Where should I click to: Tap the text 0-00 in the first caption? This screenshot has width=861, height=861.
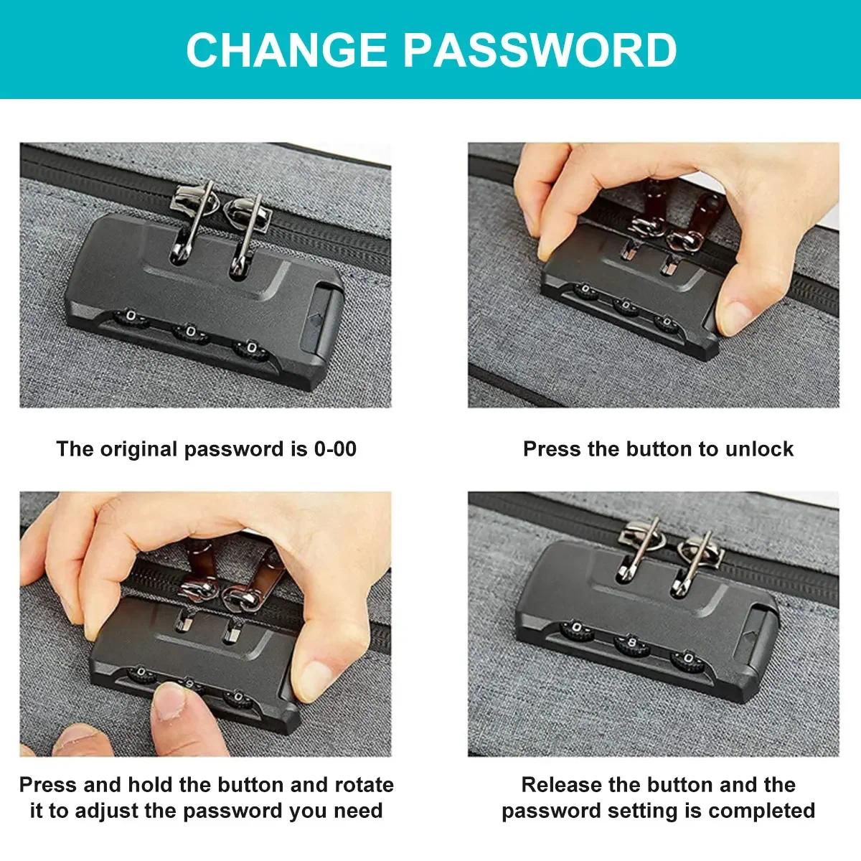(335, 449)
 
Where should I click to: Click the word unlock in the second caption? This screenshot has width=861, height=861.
(759, 449)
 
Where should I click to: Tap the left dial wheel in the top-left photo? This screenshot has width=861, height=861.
(130, 316)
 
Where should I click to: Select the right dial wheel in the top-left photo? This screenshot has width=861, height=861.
(250, 349)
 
